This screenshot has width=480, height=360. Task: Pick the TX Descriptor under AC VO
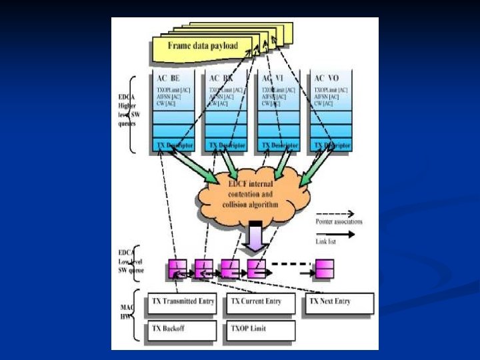pyautogui.click(x=331, y=145)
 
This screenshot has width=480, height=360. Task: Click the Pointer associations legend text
pyautogui.click(x=339, y=221)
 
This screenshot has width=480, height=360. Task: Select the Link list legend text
pyautogui.click(x=327, y=242)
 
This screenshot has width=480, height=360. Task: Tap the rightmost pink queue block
pyautogui.click(x=325, y=269)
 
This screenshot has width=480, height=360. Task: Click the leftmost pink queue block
pyautogui.click(x=177, y=269)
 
